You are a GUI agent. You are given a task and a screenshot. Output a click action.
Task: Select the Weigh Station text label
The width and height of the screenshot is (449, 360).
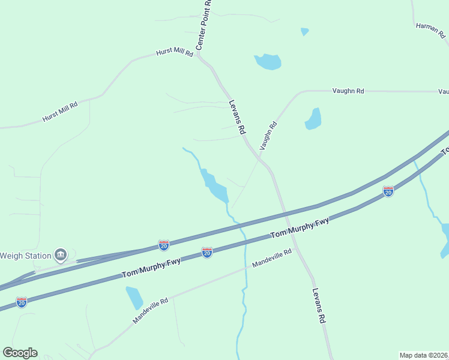pos(25,256)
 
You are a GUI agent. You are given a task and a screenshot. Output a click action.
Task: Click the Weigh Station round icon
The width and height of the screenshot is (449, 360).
pos(61,256)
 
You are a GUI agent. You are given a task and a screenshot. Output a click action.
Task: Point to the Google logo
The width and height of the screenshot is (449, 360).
pos(20,353)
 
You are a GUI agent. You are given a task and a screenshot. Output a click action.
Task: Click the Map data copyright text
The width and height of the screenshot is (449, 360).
pos(423,355)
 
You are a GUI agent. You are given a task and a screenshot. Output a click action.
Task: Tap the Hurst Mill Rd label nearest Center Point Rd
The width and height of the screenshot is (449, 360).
pos(174,53)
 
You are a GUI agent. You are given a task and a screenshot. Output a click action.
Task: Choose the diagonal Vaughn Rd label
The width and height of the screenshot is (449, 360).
pos(268,136)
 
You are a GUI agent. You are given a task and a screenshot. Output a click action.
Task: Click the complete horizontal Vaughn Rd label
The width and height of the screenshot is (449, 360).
pos(348,91)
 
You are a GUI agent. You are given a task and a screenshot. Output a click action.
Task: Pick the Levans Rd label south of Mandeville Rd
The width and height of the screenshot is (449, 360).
pos(319,307)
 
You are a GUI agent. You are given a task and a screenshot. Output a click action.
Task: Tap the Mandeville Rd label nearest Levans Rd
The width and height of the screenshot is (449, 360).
pos(271,259)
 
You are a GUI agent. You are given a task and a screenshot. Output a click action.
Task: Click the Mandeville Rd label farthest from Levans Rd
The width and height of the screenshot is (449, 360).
pos(150,311)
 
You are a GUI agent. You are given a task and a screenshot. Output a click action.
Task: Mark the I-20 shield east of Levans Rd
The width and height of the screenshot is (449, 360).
pos(388,191)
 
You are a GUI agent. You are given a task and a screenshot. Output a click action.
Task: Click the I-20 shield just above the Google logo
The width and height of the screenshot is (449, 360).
pos(22,302)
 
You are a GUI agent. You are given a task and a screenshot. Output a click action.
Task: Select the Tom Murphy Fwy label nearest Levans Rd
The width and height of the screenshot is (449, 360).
pos(300,229)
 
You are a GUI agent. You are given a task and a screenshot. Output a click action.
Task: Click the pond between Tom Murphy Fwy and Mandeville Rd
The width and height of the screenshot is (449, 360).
pos(134,298)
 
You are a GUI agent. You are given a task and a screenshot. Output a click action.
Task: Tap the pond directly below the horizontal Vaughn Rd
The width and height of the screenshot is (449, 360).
pos(313,119)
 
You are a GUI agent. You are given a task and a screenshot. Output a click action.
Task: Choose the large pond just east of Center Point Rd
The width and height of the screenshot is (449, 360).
pos(268,61)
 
